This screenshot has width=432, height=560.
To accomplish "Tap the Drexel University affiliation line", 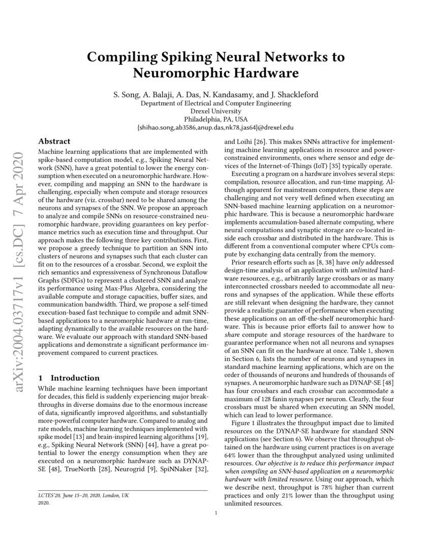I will (x=216, y=111).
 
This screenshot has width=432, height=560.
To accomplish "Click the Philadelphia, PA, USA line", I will (x=216, y=119).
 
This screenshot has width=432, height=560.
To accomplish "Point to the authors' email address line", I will (x=216, y=127).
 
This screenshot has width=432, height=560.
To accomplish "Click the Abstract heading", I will (x=54, y=142).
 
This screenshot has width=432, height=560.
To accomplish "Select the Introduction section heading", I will (x=75, y=378).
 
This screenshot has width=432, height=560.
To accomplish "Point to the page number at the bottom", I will (x=216, y=513).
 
